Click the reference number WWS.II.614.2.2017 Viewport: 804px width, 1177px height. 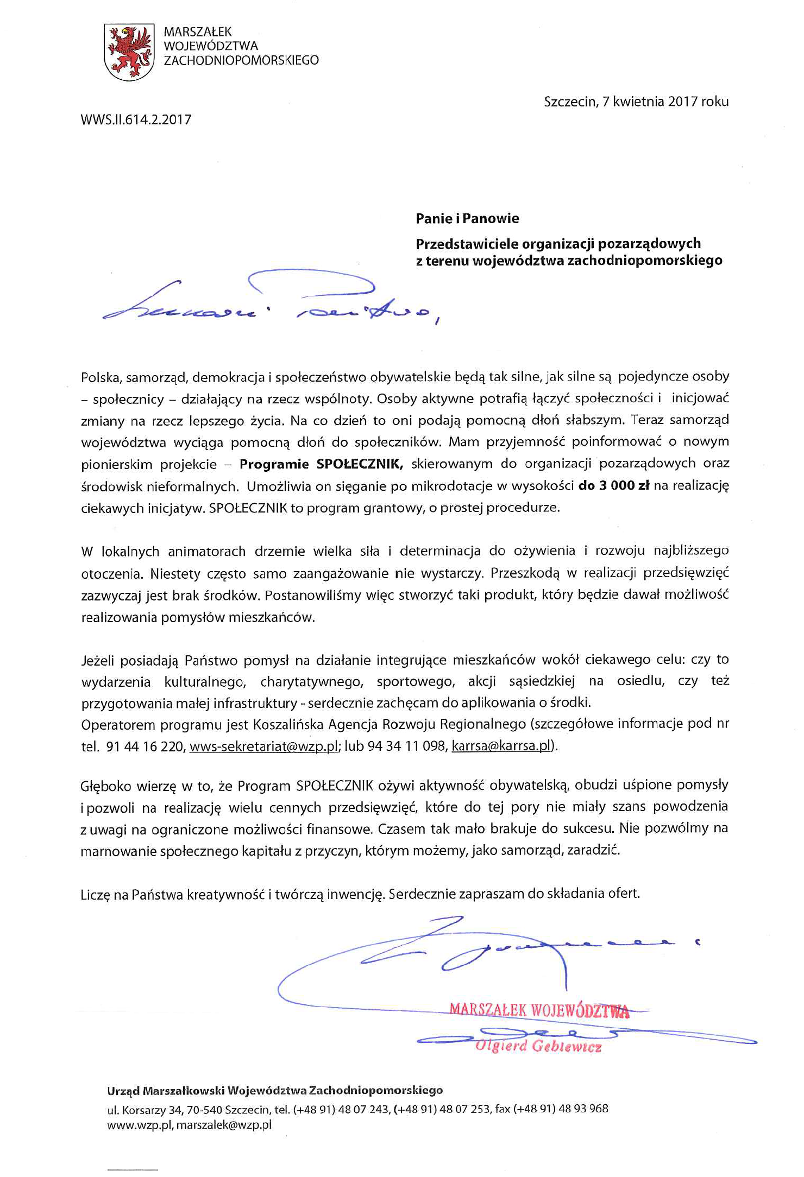click(136, 120)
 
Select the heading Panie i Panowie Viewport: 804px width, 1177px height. click(467, 219)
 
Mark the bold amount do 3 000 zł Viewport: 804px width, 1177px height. click(614, 486)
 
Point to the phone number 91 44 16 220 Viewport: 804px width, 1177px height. click(146, 746)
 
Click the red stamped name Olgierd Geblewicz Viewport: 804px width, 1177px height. click(538, 1046)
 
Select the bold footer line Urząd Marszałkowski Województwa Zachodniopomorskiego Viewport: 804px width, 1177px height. click(275, 1090)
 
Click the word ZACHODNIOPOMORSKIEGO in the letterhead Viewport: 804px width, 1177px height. click(241, 60)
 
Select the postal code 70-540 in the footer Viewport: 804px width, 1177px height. click(204, 1109)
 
